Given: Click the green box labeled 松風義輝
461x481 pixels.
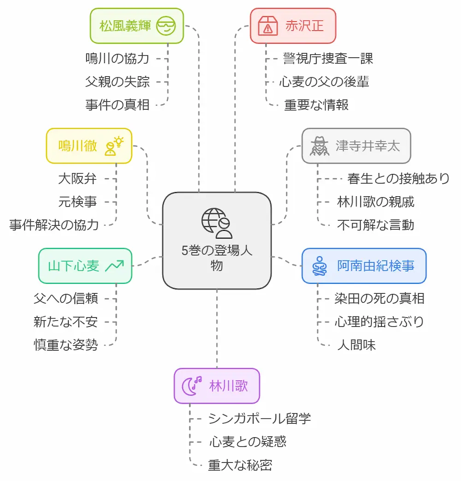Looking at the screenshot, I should [136, 26].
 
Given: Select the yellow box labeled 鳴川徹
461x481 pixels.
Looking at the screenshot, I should [89, 146].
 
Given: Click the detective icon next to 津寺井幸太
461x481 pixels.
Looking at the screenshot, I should [319, 146].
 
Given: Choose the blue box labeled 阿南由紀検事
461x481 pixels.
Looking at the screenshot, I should [363, 266].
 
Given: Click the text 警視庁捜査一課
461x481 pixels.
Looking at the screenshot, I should [328, 59].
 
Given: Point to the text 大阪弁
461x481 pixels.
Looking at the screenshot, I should [77, 178].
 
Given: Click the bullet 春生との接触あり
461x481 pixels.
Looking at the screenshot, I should [398, 178].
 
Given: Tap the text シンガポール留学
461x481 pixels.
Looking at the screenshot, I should [259, 418].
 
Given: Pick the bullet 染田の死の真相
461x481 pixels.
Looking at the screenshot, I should [379, 298].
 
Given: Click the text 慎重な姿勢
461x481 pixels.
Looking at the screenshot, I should [65, 345].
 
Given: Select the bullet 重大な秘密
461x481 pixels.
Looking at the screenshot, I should [240, 465].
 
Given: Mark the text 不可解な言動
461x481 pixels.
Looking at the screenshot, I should [375, 225].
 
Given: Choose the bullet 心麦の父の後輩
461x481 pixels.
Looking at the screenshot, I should [324, 82].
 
